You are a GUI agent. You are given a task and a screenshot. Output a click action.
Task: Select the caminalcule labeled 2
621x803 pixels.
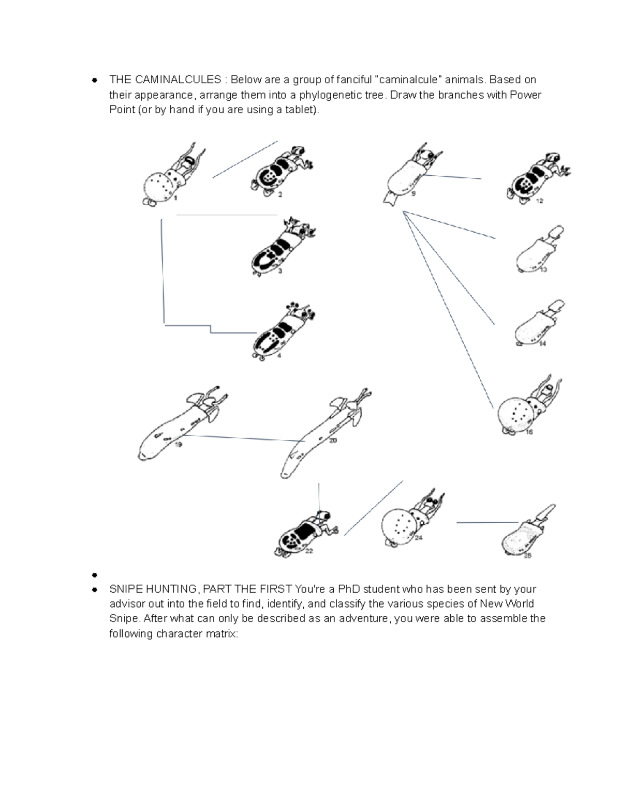point(279,173)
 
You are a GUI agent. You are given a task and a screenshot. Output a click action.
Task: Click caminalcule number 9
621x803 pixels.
point(409,173)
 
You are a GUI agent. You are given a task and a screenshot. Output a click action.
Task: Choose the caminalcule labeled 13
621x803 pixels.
point(538,251)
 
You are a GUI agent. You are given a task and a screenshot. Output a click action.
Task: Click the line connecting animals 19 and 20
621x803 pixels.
point(243,438)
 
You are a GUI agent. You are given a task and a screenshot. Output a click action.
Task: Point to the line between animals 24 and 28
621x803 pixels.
point(486,523)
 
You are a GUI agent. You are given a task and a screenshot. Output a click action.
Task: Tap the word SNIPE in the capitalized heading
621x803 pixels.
point(124,589)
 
